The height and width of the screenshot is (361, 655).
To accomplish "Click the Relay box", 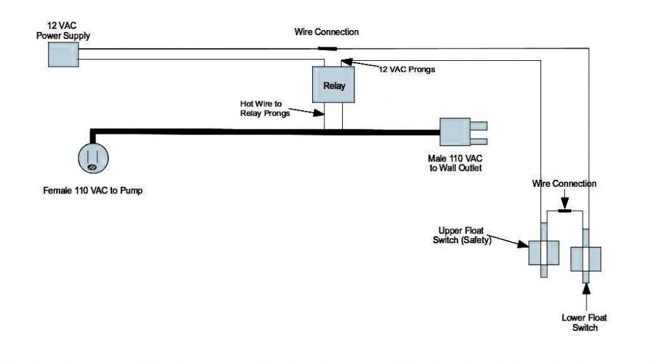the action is (x=333, y=84).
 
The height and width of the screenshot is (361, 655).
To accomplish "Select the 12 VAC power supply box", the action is (x=63, y=55).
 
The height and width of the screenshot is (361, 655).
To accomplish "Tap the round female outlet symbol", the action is (x=93, y=158).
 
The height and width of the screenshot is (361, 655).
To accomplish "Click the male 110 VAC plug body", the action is (x=455, y=132).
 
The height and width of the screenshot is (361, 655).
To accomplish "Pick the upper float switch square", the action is (x=544, y=253).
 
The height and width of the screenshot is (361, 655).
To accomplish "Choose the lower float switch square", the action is (x=586, y=259).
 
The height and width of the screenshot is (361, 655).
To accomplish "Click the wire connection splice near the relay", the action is (x=327, y=49).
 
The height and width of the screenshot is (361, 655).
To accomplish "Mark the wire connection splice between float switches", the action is (x=565, y=211).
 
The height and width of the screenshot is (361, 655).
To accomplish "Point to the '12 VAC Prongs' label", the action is (x=406, y=69).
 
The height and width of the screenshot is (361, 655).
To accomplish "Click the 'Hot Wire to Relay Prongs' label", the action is (x=265, y=108).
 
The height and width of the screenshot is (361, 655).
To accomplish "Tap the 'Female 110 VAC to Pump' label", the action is (x=93, y=191).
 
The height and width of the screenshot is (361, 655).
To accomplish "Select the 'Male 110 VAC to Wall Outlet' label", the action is (x=455, y=163).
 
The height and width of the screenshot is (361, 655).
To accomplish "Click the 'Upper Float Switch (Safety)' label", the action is (x=462, y=236).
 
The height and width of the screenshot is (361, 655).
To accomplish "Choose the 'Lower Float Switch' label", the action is (x=585, y=323).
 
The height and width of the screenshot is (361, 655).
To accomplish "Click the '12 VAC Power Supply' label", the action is (x=63, y=31).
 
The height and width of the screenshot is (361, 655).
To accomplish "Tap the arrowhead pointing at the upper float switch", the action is (x=523, y=244).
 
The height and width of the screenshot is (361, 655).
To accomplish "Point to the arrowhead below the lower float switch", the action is (x=587, y=289).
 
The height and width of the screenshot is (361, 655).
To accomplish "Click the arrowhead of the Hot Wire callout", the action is (x=319, y=113).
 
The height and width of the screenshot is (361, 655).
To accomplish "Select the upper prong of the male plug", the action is (x=478, y=125).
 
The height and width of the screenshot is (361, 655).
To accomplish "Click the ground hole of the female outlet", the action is (x=92, y=167).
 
